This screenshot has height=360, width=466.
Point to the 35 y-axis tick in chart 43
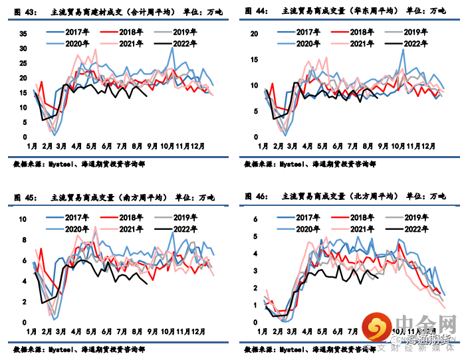pos(23,34)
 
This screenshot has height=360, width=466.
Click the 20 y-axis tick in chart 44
pos(253,34)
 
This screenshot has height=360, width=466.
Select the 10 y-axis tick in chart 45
pos(24,220)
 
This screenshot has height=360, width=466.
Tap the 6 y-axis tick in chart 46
pos(256,220)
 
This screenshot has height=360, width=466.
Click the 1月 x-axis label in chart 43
pos(31,145)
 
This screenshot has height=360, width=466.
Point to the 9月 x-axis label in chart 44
pos(383,145)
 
